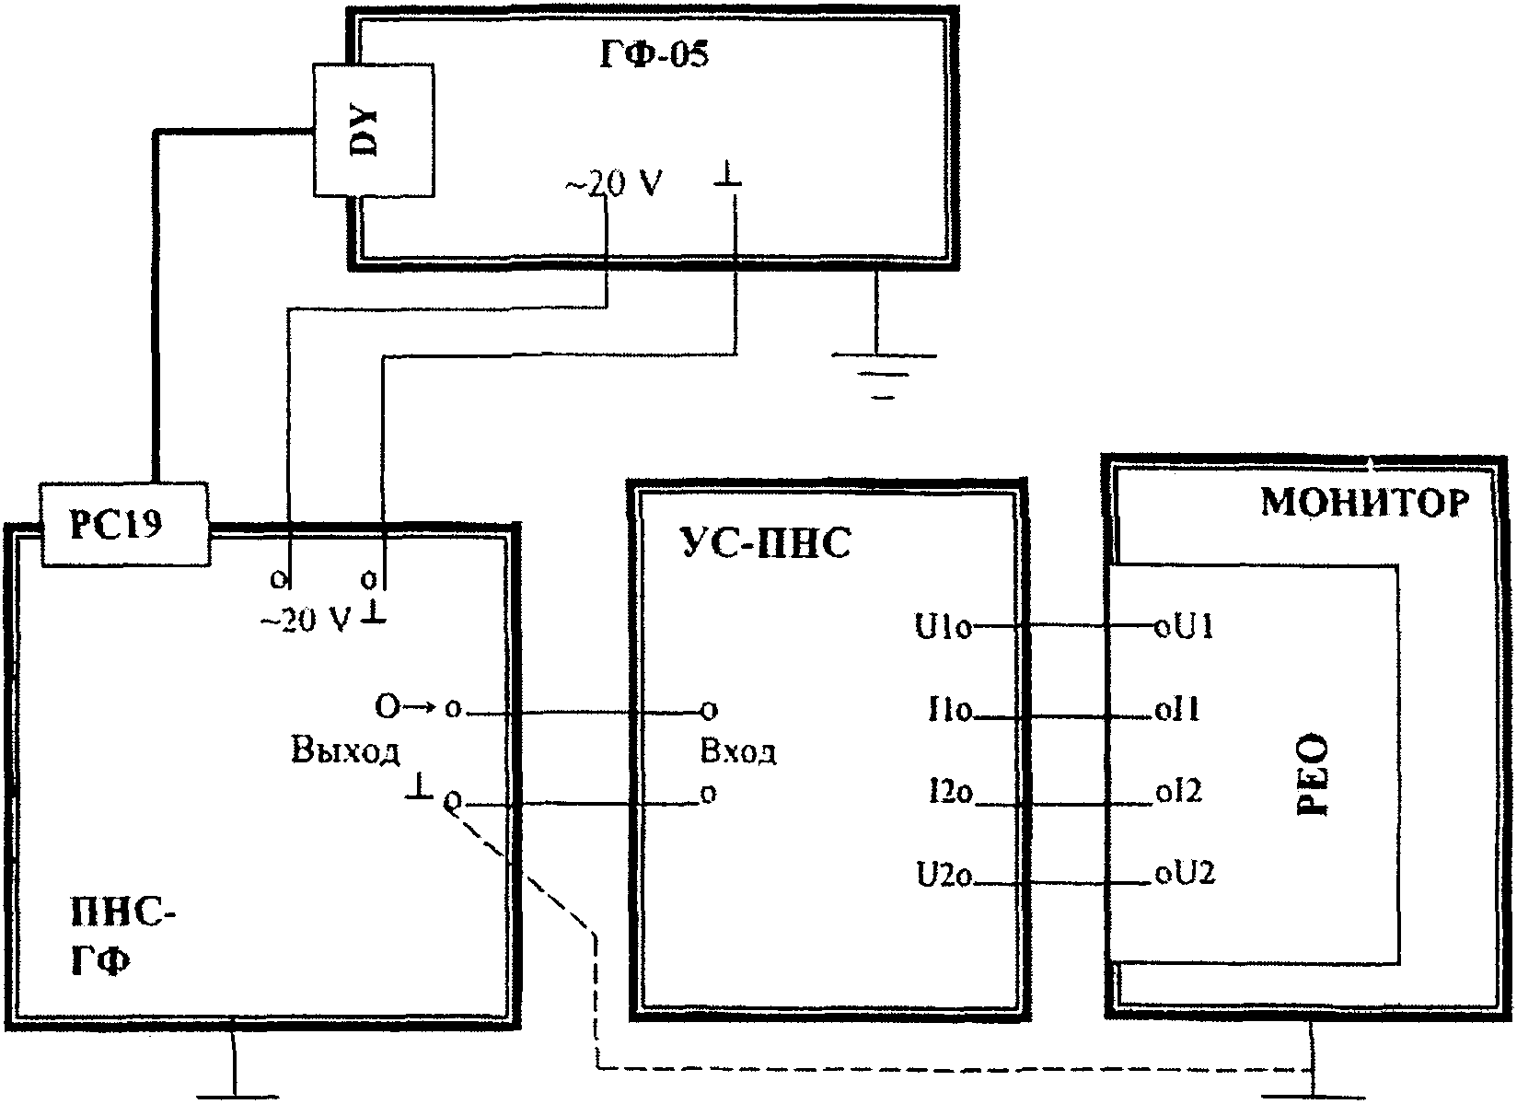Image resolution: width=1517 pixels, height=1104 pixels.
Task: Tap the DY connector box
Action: (x=373, y=130)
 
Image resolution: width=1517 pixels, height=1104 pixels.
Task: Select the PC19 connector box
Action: (x=122, y=525)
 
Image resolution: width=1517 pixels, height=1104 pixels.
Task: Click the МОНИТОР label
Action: (x=1365, y=504)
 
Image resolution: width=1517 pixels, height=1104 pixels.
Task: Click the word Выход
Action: (x=345, y=752)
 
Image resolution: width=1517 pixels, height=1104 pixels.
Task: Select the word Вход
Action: (x=737, y=752)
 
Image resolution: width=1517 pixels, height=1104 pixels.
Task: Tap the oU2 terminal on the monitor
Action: (x=1185, y=873)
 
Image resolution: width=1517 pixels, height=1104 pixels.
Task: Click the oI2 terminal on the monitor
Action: (x=1177, y=792)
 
